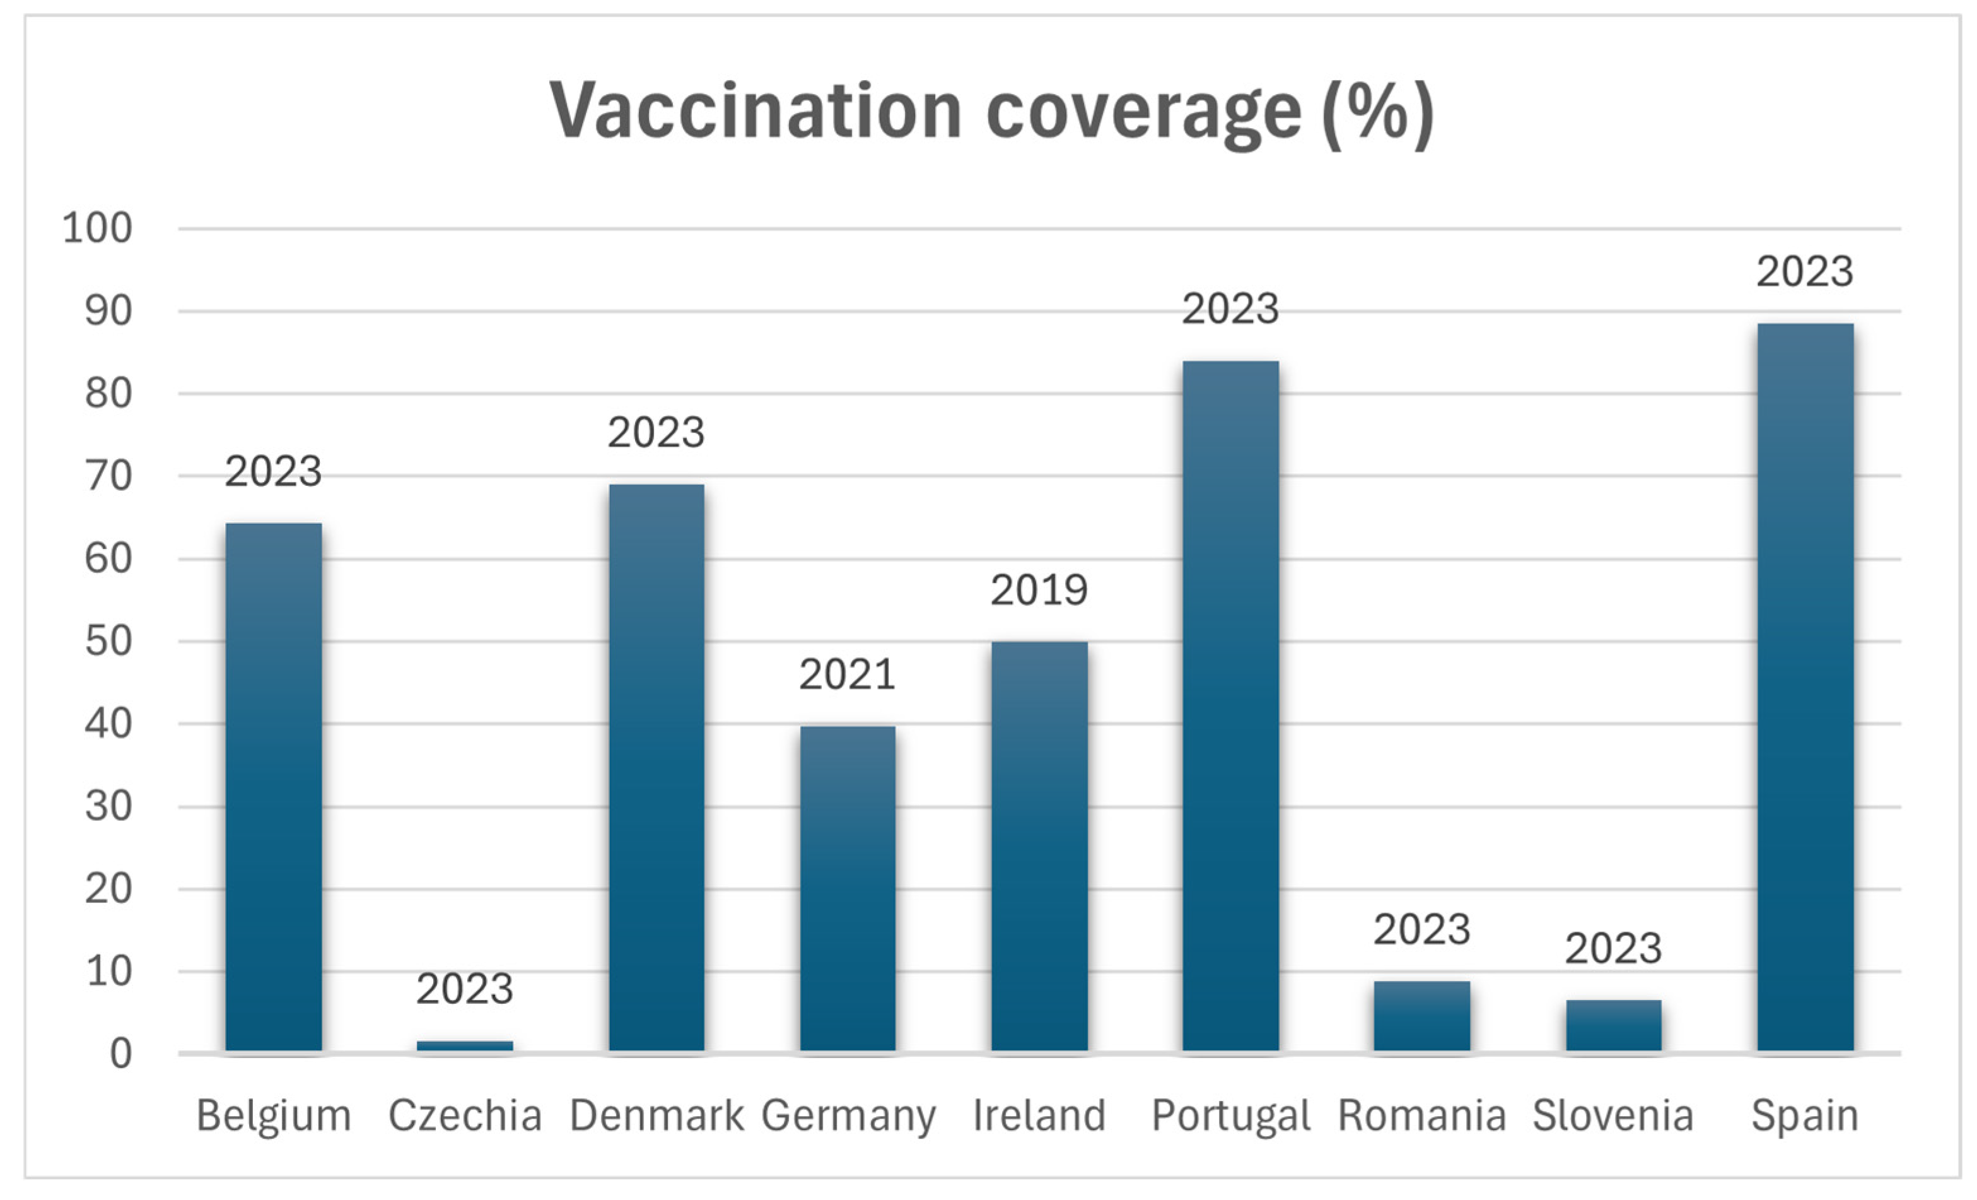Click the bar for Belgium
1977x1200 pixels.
pyautogui.click(x=274, y=787)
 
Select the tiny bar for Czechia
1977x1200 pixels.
pyautogui.click(x=465, y=1045)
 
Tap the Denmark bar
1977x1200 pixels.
pyautogui.click(x=656, y=767)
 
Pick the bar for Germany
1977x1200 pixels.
pyautogui.click(x=848, y=888)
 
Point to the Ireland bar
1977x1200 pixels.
pyautogui.click(x=1039, y=846)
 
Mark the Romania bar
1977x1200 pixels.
pyautogui.click(x=1422, y=1015)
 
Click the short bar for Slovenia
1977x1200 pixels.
pyautogui.click(x=1613, y=1025)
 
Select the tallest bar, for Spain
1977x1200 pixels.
pyautogui.click(x=1804, y=687)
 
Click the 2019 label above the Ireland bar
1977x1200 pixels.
pyautogui.click(x=1039, y=591)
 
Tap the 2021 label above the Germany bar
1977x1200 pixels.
pyautogui.click(x=848, y=674)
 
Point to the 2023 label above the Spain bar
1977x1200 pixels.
pyautogui.click(x=1804, y=271)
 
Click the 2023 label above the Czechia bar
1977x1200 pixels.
pyautogui.click(x=465, y=989)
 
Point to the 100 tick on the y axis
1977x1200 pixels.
pyautogui.click(x=97, y=229)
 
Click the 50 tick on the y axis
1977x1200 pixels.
pyautogui.click(x=108, y=642)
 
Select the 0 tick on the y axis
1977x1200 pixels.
pyautogui.click(x=120, y=1054)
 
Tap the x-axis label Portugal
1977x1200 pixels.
pyautogui.click(x=1230, y=1115)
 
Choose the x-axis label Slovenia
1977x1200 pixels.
pyautogui.click(x=1613, y=1115)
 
